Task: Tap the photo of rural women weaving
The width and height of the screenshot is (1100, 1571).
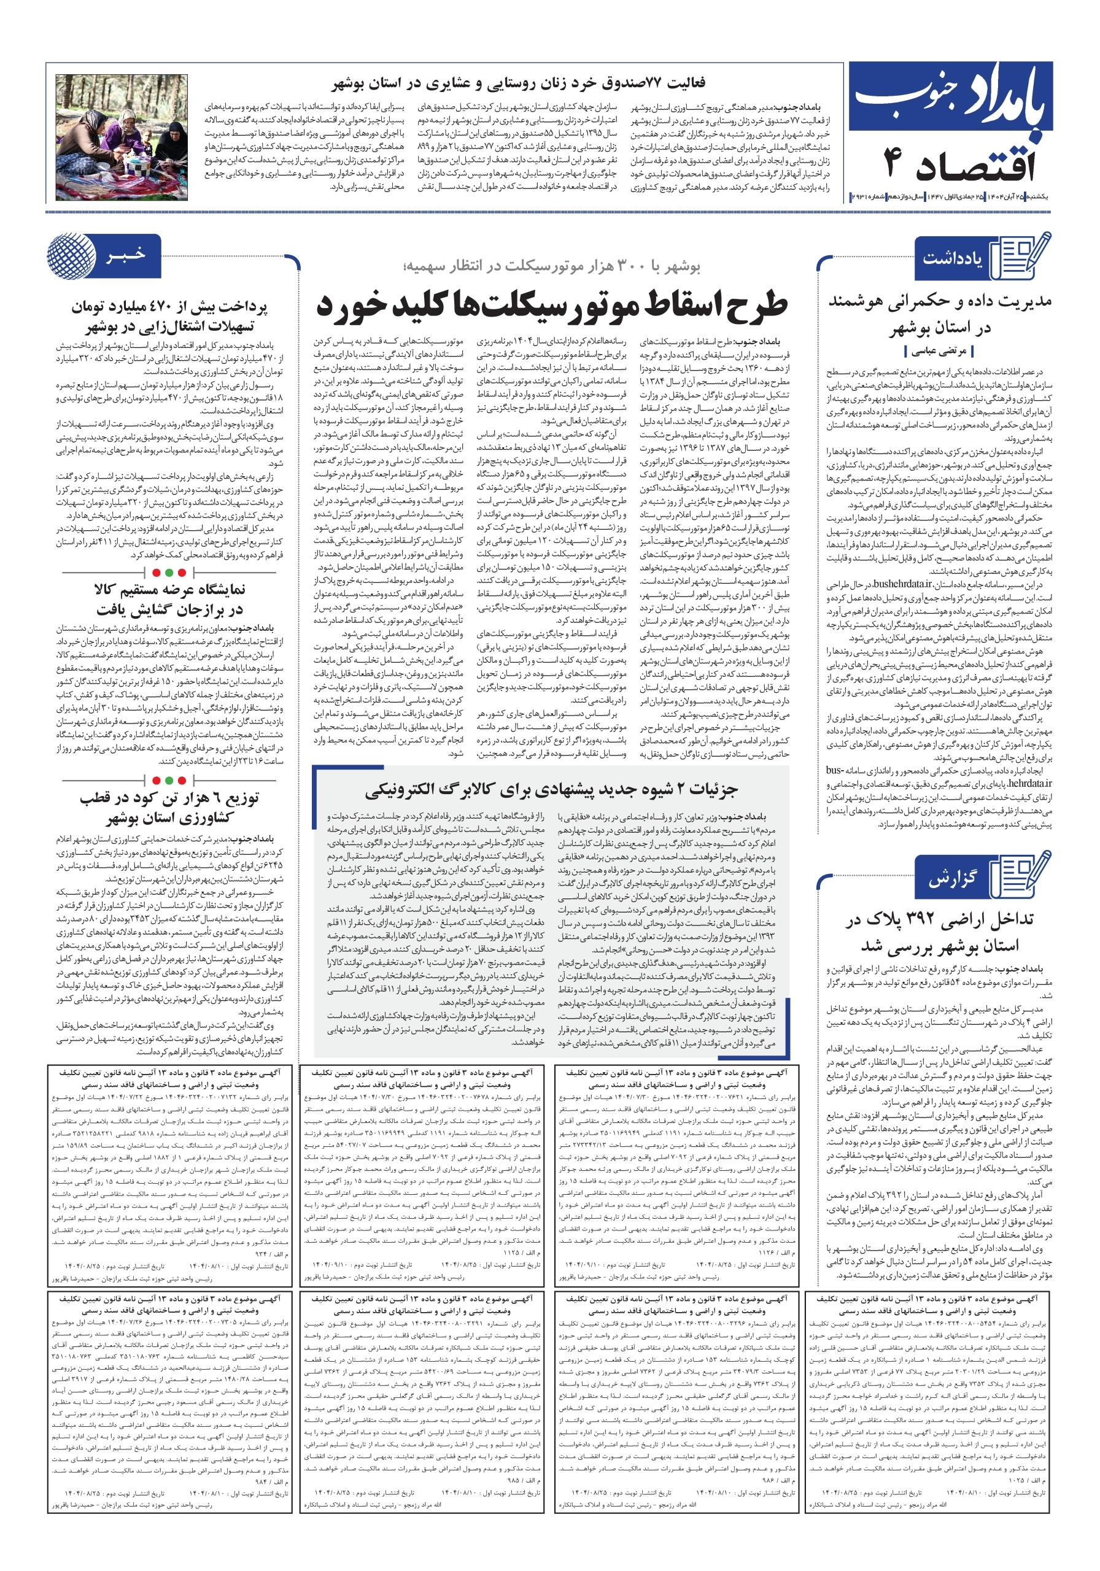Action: tap(122, 137)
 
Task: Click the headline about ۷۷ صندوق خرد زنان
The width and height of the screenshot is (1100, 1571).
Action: tap(518, 83)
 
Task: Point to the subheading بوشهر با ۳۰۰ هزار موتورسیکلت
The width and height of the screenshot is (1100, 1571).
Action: tap(552, 266)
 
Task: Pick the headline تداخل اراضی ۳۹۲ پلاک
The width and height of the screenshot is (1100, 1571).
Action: tap(939, 933)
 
